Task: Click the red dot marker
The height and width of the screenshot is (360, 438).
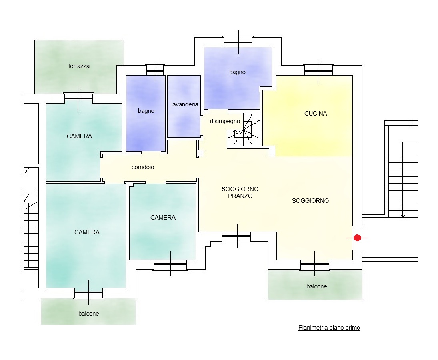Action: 357,238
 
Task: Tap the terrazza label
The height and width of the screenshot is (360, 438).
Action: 79,66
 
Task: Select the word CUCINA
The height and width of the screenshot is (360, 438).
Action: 316,113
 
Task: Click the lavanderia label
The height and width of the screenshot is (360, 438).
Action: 185,104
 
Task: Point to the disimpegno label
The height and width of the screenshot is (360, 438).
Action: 225,121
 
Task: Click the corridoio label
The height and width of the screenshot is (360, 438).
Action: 143,167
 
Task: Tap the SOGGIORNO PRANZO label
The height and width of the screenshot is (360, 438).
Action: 240,192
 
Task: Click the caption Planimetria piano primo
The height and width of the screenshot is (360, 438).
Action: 329,328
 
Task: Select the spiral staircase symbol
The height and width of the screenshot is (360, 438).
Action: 243,130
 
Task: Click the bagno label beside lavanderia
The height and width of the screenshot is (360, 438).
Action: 146,111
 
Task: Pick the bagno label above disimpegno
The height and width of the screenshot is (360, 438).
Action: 237,72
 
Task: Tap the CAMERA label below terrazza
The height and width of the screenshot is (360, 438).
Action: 79,136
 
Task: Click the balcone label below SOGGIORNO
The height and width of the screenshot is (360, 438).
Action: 316,286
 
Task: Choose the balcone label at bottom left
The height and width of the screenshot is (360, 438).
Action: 88,314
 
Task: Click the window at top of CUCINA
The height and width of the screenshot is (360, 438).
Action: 318,70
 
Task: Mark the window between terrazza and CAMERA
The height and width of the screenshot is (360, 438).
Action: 78,97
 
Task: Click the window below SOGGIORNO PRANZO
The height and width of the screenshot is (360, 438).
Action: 236,236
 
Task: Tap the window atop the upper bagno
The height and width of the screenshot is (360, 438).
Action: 238,41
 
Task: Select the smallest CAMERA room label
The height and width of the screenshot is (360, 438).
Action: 163,218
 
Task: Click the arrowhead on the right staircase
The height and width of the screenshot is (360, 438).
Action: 403,215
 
